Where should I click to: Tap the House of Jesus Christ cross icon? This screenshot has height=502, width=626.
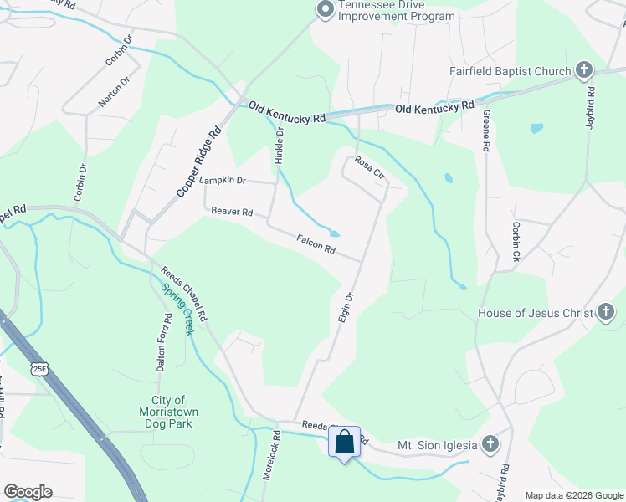(606, 314)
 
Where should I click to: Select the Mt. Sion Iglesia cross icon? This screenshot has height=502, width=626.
(490, 444)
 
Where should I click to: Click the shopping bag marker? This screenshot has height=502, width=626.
(344, 441)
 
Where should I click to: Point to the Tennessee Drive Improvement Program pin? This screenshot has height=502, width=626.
(324, 10)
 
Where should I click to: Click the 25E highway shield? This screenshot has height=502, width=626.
(38, 367)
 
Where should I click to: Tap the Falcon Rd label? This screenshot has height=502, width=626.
(316, 245)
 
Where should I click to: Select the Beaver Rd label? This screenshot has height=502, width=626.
(232, 213)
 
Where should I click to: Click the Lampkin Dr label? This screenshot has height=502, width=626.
(222, 180)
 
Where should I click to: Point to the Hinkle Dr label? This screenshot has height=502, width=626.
(280, 145)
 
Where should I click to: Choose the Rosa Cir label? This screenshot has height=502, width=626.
(368, 166)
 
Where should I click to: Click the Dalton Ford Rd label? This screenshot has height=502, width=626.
(165, 342)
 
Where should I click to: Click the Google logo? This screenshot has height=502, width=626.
(28, 492)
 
